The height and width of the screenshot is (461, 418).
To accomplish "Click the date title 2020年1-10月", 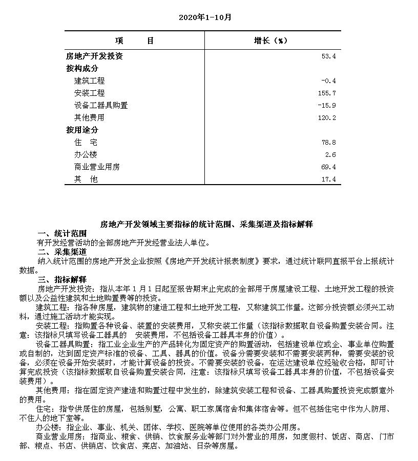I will [x=205, y=17].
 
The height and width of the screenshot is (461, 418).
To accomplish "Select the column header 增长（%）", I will [x=271, y=41].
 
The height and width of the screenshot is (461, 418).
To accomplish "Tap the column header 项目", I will [x=134, y=41].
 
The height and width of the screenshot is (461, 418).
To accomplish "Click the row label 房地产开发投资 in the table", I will [x=95, y=56].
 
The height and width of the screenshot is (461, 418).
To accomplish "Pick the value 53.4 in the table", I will [x=328, y=56].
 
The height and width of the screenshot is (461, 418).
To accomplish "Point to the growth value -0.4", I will [x=328, y=81].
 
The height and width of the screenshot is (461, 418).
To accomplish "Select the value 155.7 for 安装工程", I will [x=327, y=93].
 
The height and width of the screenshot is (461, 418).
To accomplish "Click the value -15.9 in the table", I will [x=327, y=106].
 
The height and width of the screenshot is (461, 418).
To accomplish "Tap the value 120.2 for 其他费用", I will [x=327, y=118].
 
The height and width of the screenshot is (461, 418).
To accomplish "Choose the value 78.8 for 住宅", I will [x=328, y=143].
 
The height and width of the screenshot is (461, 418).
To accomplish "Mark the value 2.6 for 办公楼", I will [x=330, y=155].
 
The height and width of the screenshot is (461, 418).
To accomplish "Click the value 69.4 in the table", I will [x=328, y=167].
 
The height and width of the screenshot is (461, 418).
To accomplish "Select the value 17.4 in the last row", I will [x=328, y=179].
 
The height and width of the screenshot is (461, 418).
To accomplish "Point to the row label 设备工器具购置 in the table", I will [x=101, y=106].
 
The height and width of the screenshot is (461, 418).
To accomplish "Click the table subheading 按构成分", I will [x=82, y=69].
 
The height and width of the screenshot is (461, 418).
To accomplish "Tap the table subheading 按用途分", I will [x=82, y=130].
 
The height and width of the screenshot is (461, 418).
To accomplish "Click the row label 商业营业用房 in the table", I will [x=97, y=167].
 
